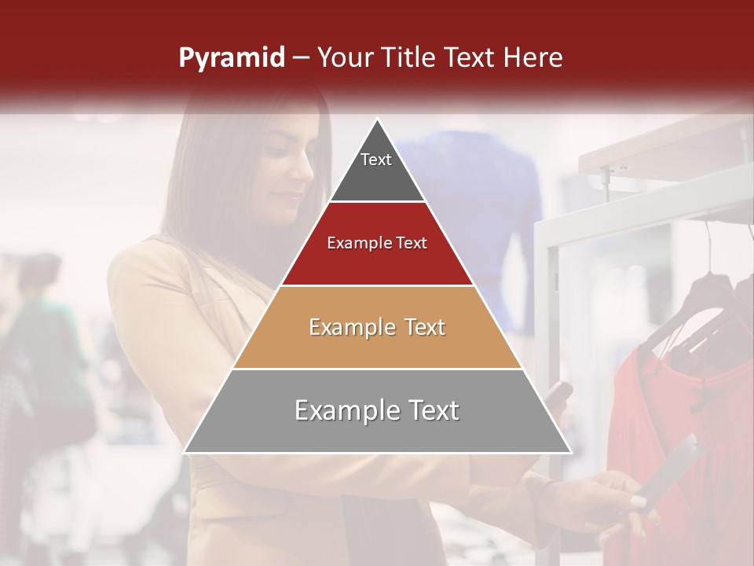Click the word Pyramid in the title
click(x=232, y=58)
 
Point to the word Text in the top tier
click(x=376, y=160)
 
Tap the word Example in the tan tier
click(x=347, y=327)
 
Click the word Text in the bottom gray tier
click(x=428, y=410)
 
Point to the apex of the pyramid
click(x=378, y=120)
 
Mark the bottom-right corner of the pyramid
click(x=570, y=452)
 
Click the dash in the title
click(x=300, y=58)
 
